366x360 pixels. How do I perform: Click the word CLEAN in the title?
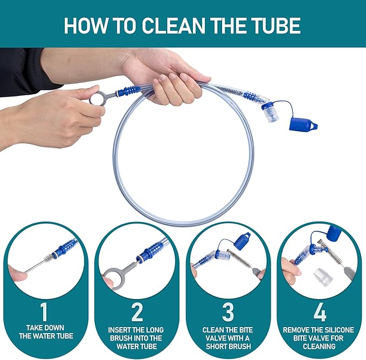tap(173, 25)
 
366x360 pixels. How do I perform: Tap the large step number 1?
tap(44, 312)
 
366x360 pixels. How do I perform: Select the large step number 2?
tap(137, 312)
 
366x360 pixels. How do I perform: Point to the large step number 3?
tap(228, 312)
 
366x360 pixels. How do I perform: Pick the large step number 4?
tap(320, 312)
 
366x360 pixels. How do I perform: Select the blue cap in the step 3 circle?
tap(242, 241)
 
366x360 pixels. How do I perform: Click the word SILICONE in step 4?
tap(333, 330)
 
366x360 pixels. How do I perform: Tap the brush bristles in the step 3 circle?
tap(239, 258)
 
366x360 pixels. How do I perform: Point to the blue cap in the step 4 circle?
tap(334, 233)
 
